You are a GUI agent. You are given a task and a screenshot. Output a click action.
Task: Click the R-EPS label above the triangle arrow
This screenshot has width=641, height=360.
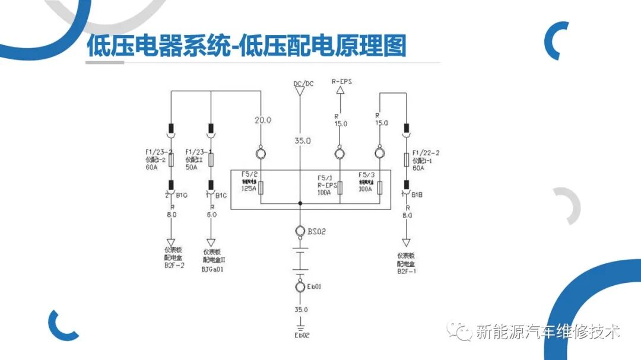(x=341, y=81)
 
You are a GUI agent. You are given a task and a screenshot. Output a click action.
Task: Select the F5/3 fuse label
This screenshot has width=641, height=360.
(x=366, y=175)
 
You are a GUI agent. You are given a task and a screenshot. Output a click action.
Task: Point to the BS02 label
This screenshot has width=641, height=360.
(x=316, y=231)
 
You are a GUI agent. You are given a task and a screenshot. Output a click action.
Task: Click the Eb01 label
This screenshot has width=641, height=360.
(x=314, y=287)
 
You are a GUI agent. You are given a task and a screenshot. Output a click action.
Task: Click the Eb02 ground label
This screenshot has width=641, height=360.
(x=302, y=335)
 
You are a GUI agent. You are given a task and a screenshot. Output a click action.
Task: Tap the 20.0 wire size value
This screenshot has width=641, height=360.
(x=263, y=120)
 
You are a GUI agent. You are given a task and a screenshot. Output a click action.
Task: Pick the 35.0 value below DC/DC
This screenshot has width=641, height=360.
(x=302, y=141)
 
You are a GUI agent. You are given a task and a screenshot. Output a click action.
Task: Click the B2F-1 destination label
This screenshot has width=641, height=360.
(x=407, y=271)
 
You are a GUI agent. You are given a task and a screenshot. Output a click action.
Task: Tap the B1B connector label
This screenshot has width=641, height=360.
(x=419, y=193)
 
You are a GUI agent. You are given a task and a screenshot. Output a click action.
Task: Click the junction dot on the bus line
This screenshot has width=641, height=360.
(x=301, y=203)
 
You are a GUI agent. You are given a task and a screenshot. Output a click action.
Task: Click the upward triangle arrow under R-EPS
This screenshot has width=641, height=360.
(x=340, y=91)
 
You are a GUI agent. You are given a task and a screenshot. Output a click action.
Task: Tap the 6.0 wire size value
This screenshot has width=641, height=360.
(x=211, y=215)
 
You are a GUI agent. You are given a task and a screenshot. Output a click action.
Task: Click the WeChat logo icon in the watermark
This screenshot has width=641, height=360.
(x=459, y=330)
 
